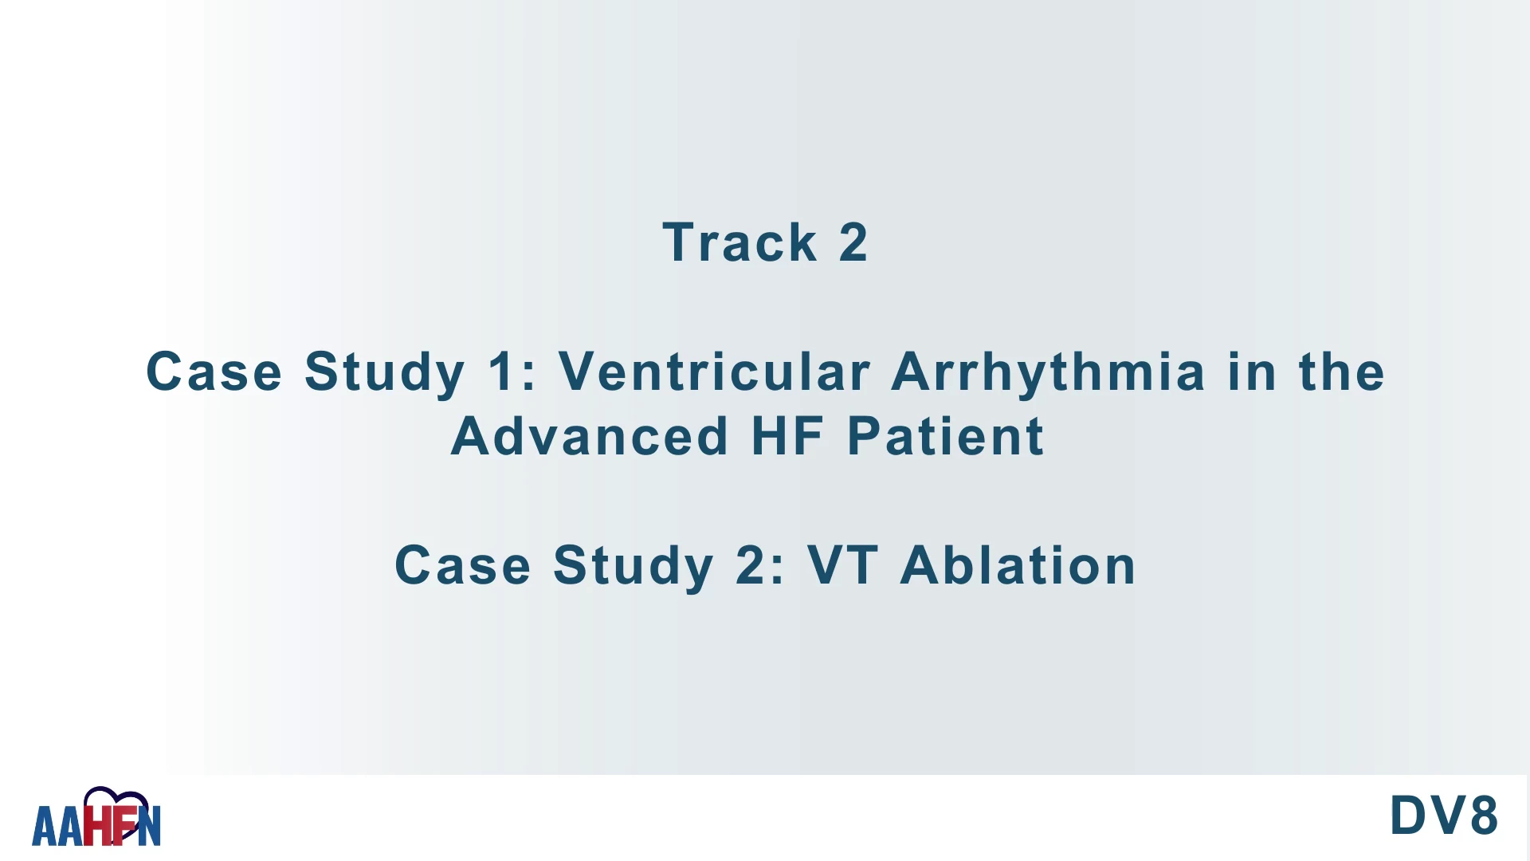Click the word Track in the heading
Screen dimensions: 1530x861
point(739,242)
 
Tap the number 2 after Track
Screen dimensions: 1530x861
point(853,242)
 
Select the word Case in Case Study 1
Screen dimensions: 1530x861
point(214,372)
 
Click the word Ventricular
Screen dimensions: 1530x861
point(714,372)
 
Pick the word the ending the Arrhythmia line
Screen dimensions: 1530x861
point(1342,372)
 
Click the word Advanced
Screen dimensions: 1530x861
point(590,436)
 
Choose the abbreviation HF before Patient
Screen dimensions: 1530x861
point(787,436)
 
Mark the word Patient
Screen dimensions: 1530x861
point(945,436)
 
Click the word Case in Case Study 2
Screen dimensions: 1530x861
point(462,565)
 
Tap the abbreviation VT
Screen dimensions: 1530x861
point(843,565)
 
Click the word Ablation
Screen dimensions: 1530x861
point(1018,565)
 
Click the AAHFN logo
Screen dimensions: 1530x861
point(96,817)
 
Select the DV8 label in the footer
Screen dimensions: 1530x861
point(1444,816)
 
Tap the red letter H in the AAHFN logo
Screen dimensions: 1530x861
point(97,825)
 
